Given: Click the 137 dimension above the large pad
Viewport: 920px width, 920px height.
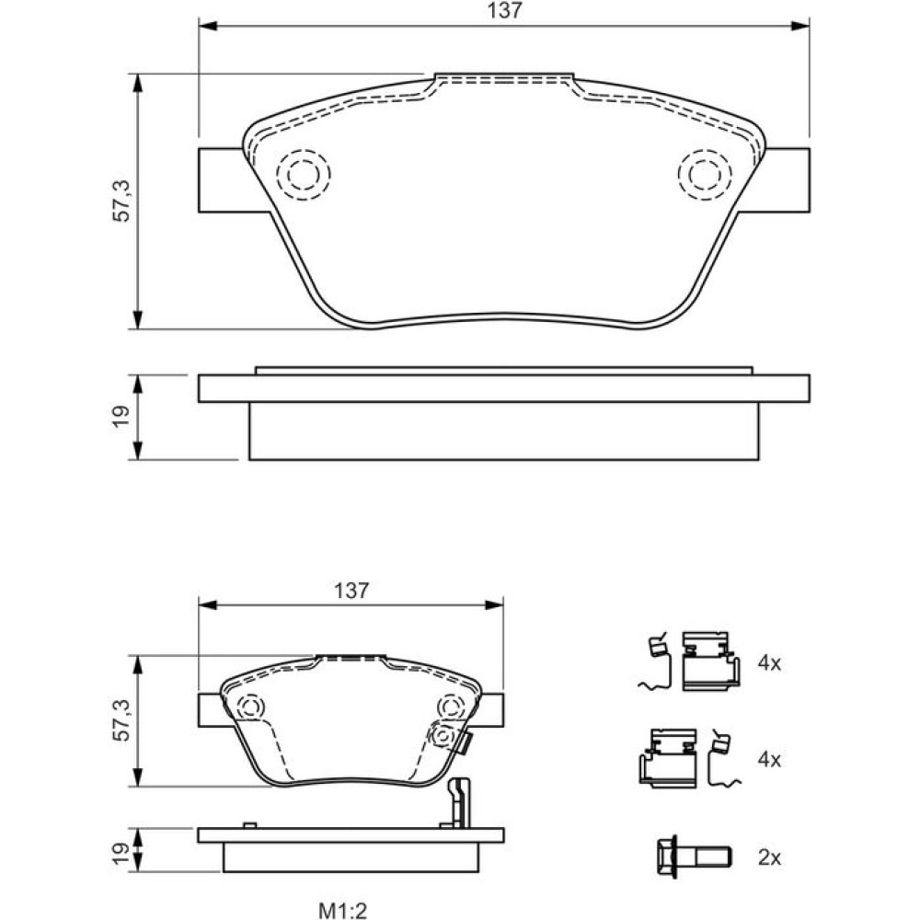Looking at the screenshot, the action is pos(504,10).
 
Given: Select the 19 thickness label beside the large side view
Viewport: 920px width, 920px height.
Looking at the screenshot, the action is pos(121,417).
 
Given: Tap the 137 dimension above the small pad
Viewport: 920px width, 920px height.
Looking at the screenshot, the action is pos(351,591).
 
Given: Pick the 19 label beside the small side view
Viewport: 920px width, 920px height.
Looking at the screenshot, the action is pos(121,854).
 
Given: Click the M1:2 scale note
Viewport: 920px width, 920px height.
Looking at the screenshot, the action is pos(343,910).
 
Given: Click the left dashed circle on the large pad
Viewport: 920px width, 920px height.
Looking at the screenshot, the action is pos(304,174).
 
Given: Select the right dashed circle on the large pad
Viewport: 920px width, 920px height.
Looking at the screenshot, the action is pos(705,174).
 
